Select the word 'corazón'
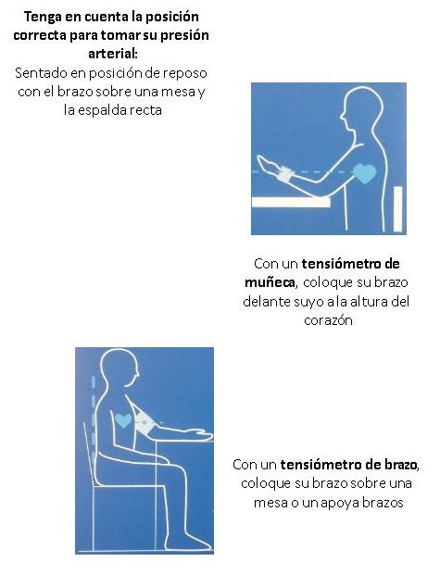click(x=331, y=319)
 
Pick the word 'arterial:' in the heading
click(x=112, y=54)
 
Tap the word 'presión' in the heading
click(x=186, y=36)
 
